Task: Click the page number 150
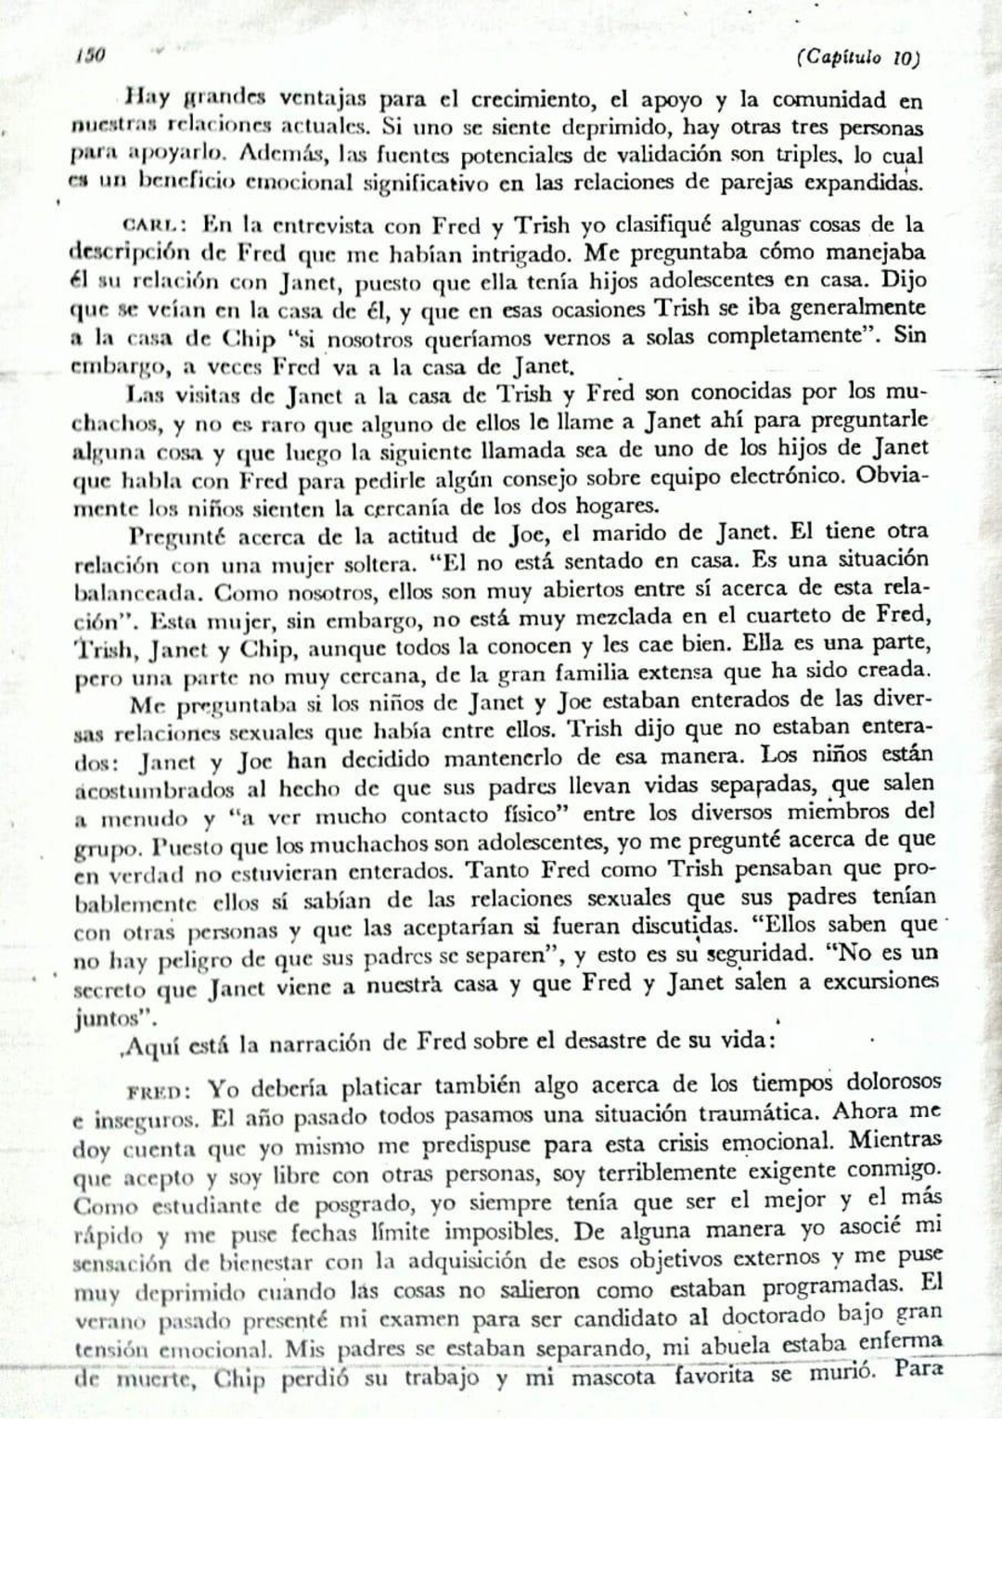89,55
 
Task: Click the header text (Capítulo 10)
857,58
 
